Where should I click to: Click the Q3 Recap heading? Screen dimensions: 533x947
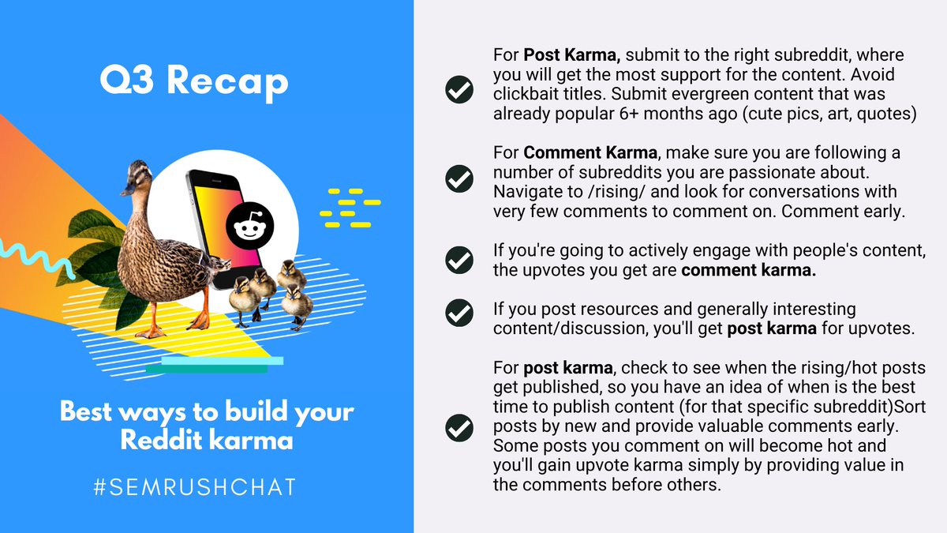click(x=193, y=82)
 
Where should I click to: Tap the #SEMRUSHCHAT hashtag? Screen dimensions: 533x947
click(x=193, y=486)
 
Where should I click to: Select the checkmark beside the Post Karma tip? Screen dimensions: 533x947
click(x=459, y=89)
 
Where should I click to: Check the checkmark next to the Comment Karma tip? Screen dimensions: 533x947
click(x=459, y=179)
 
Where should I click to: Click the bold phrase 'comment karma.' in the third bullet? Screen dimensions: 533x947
click(x=749, y=271)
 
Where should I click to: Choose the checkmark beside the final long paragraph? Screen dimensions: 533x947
click(x=459, y=428)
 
